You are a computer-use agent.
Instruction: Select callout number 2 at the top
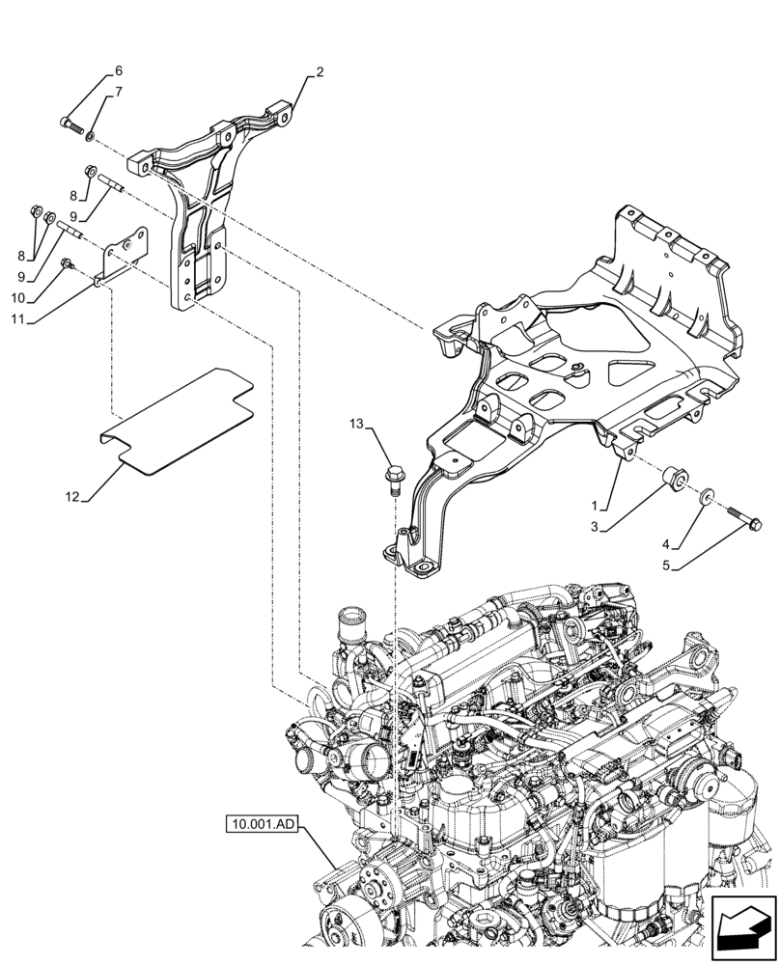pos(320,71)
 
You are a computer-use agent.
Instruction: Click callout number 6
pos(119,71)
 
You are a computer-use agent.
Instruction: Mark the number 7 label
pos(119,93)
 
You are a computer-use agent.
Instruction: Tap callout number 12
pos(71,497)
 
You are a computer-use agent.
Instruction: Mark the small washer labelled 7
pos(91,135)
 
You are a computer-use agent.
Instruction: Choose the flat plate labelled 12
pos(179,420)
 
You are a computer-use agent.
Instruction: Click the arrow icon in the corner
pos(742,927)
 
